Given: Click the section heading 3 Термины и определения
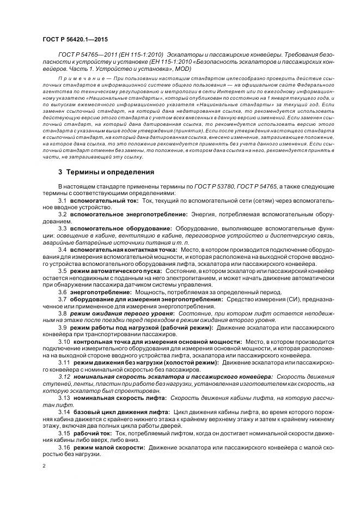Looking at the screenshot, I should (x=106, y=172).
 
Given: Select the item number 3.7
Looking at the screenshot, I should (x=62, y=299).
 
